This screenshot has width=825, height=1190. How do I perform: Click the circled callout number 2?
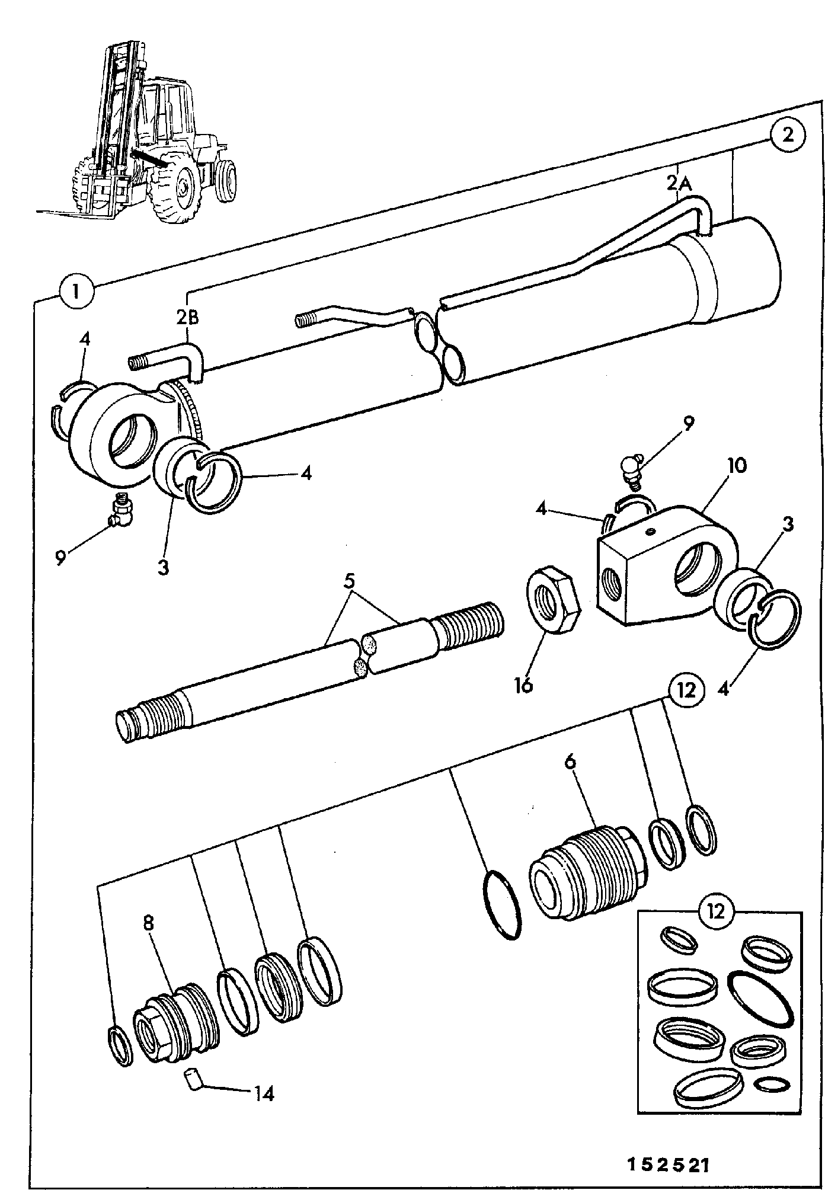point(788,135)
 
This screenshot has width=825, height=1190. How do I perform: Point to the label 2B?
point(188,317)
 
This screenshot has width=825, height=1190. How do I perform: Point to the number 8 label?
point(148,923)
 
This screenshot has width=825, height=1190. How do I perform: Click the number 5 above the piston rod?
point(351,581)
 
